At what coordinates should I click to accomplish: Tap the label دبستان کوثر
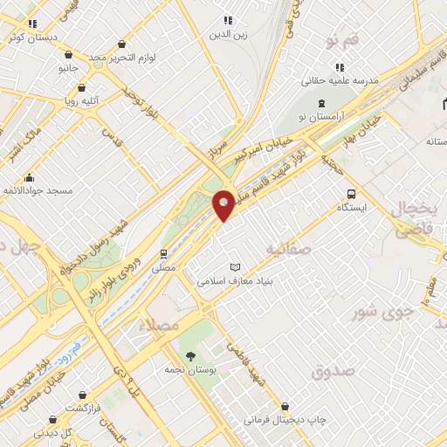click(x=34, y=38)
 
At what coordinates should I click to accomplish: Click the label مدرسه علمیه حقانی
click(x=339, y=80)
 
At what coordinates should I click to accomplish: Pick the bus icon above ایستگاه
click(x=351, y=194)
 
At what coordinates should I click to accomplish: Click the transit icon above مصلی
click(x=163, y=254)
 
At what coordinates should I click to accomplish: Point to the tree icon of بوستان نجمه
click(x=191, y=354)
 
